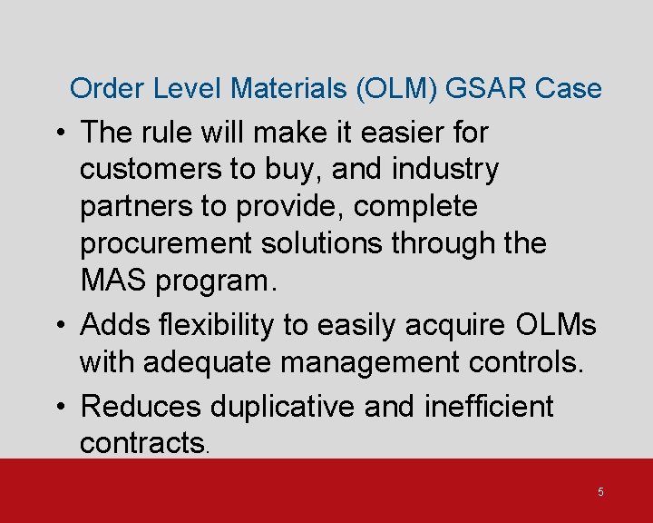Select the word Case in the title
tap(569, 88)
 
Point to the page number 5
tap(600, 491)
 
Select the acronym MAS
tap(115, 281)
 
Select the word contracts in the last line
tap(143, 443)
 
